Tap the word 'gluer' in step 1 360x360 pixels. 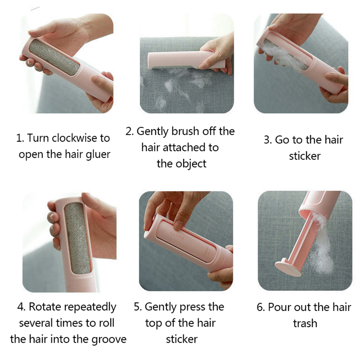[98, 154]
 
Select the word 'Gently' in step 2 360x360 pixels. [153, 132]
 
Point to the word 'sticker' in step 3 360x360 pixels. [305, 156]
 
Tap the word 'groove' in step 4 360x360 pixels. [109, 340]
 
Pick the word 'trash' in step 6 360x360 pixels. [305, 323]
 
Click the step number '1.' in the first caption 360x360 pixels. [20, 138]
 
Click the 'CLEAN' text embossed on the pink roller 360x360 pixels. [177, 236]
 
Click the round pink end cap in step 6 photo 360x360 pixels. [289, 268]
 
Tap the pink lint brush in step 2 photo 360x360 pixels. [186, 60]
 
